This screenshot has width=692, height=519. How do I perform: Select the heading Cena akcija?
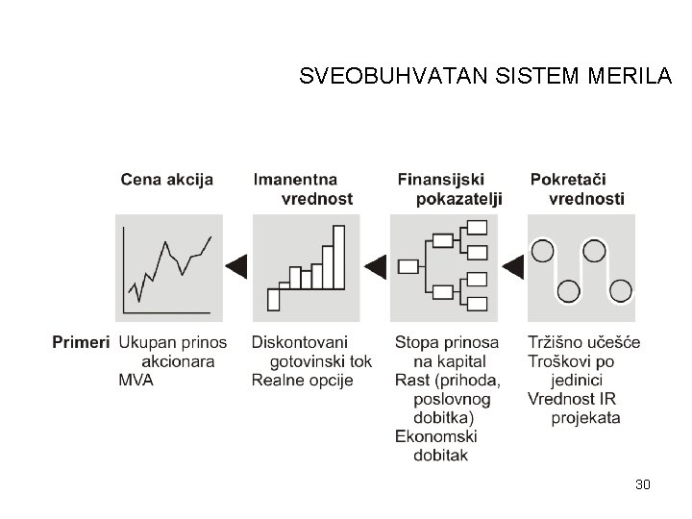point(167,179)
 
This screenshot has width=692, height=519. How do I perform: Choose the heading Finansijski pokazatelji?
point(450,188)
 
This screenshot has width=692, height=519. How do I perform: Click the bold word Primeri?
point(82,342)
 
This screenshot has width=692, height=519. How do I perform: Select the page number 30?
point(643,484)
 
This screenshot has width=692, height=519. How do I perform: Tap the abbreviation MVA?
point(136,380)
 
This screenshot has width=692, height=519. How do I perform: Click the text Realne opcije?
point(302,380)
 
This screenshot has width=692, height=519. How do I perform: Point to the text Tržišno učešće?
point(584,342)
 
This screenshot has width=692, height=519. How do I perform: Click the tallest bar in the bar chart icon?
point(338,257)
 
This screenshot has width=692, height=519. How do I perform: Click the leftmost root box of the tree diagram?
point(408,265)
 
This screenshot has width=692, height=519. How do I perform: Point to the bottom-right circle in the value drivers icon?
point(621,290)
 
